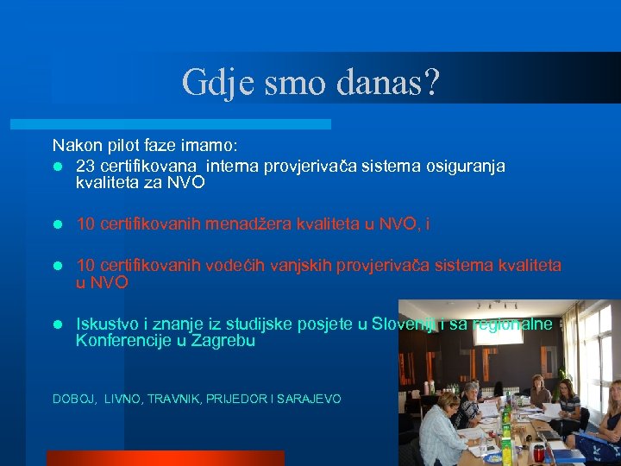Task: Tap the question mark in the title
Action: click(x=432, y=83)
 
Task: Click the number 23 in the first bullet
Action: click(x=85, y=166)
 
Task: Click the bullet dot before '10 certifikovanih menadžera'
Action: click(x=57, y=225)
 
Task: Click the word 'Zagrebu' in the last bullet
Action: click(x=227, y=341)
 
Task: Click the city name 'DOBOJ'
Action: click(x=73, y=399)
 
